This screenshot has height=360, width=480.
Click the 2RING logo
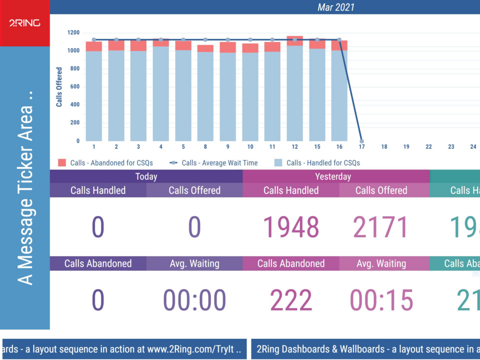point(24,23)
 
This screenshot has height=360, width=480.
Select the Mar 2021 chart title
point(336,7)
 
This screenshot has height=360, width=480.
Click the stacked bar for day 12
point(295,89)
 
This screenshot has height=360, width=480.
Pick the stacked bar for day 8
point(205,94)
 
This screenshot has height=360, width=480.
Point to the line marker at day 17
point(361,141)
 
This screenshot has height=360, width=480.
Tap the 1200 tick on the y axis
point(73,33)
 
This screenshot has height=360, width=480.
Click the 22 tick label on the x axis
point(428,147)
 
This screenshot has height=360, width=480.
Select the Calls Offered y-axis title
point(60,87)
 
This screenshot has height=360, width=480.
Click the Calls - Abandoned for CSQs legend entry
point(106,163)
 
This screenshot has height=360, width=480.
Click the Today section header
point(146,176)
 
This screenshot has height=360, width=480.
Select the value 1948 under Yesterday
point(291,227)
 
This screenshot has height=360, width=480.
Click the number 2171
point(381,227)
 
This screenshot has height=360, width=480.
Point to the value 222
point(291,300)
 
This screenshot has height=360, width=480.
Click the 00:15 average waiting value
point(381,300)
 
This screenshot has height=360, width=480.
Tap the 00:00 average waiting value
point(195,300)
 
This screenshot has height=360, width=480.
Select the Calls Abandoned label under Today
point(98,263)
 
